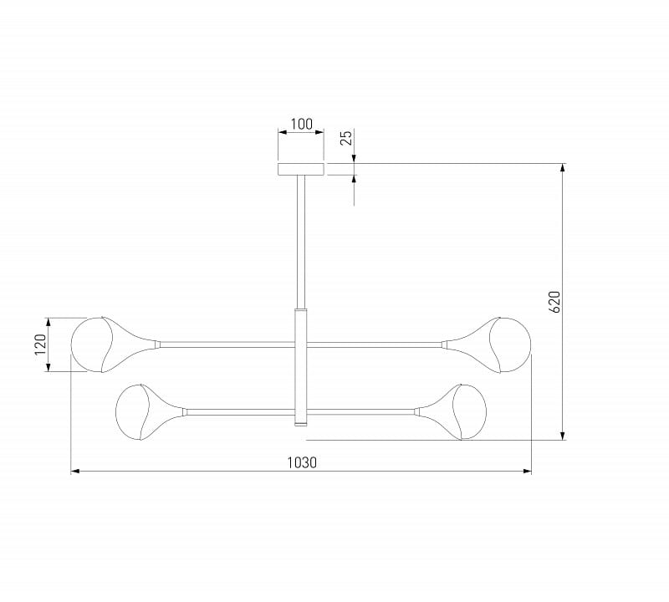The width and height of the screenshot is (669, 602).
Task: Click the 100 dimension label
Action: pos(302,124)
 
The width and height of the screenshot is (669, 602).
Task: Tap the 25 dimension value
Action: pos(347,137)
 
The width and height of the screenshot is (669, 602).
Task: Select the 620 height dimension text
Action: pos(554,302)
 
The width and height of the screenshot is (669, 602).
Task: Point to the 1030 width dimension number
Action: pos(302,462)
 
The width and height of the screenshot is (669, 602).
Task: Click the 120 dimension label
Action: pos(40,344)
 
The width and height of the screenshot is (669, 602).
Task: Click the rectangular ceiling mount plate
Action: pos(301,170)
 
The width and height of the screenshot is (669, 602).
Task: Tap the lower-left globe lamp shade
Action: pos(132,412)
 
